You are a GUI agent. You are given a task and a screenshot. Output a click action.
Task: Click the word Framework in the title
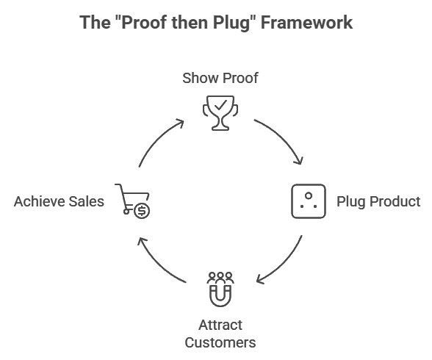tap(306, 22)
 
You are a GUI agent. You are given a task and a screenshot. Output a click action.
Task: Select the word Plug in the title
tap(231, 24)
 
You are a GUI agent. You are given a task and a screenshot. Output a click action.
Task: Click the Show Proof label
tap(220, 78)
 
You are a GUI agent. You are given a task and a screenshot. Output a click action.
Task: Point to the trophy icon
tap(220, 113)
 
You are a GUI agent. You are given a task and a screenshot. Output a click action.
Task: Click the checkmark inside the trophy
tap(220, 105)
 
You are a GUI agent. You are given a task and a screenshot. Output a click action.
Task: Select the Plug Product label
tap(378, 201)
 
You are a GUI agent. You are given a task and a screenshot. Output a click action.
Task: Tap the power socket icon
tap(309, 201)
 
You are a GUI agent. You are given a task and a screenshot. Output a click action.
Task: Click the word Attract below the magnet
tap(220, 325)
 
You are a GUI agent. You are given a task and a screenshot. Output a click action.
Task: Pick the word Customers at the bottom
tap(220, 343)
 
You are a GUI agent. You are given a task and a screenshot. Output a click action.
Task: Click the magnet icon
tap(220, 296)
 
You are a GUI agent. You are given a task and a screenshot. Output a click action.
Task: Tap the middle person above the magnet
tap(220, 278)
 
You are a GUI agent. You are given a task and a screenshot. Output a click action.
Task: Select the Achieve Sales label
tap(59, 201)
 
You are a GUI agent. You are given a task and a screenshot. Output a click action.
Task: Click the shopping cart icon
tap(132, 201)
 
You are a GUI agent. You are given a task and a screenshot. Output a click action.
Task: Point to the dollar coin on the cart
tap(142, 212)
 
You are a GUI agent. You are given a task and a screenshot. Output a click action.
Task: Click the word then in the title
tap(190, 22)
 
